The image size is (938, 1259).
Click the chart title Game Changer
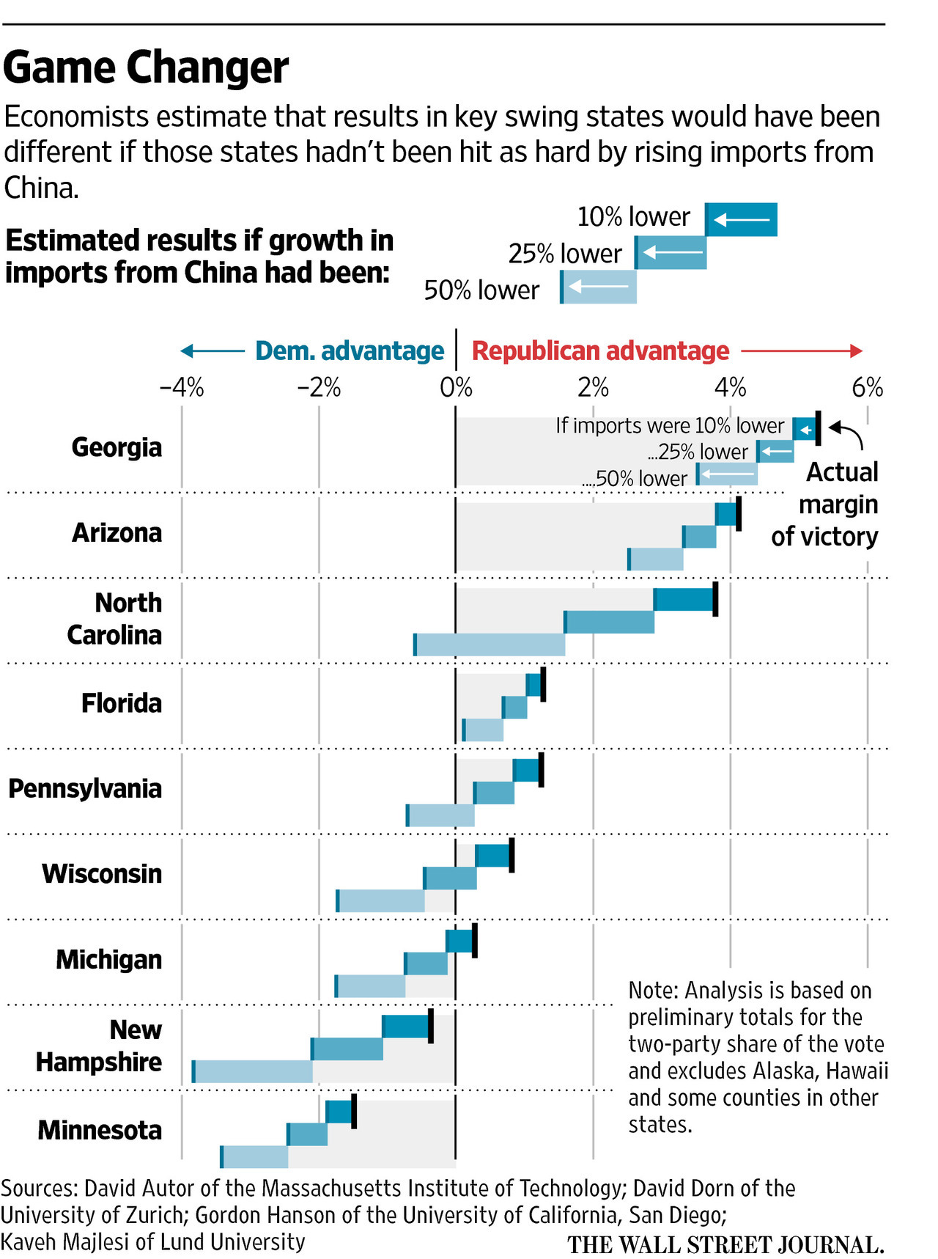point(146,68)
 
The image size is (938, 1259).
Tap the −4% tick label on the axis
point(181,387)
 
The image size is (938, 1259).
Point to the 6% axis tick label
point(867,387)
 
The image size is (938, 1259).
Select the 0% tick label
point(456,387)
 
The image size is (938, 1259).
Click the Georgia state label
point(117,447)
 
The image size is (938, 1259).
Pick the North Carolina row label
point(114,619)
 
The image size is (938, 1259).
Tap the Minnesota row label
point(100,1130)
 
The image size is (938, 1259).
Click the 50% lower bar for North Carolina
point(490,645)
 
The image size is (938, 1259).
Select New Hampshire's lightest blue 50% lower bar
point(253,1071)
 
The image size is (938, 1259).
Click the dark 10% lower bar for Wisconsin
point(492,856)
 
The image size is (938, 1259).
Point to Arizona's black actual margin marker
point(739,514)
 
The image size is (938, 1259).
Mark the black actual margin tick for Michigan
point(475,941)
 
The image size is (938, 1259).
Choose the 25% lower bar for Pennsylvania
point(494,793)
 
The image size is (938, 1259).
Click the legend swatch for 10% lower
point(741,219)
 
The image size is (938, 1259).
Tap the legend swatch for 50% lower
point(599,287)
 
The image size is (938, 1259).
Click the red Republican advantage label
point(600,351)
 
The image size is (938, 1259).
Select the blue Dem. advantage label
point(350,351)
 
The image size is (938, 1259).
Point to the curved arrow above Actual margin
point(847,434)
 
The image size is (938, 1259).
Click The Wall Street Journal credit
point(725,1245)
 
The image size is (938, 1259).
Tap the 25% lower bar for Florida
point(515,708)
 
